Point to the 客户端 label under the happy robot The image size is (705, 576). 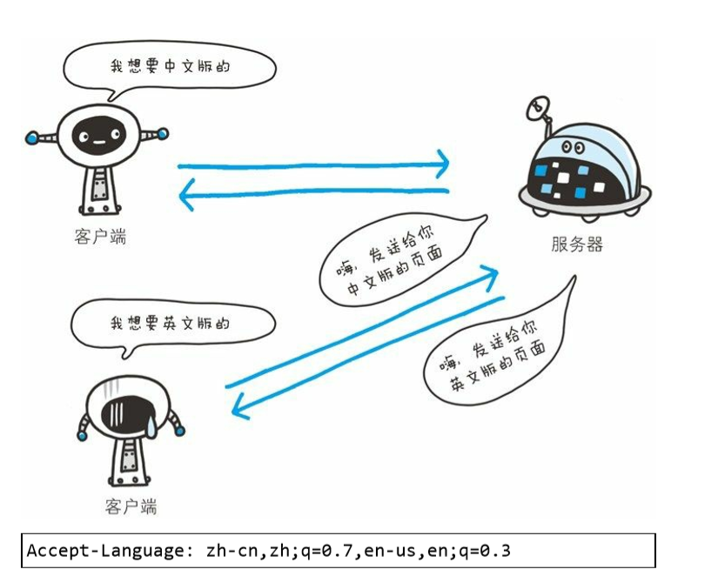pyautogui.click(x=100, y=237)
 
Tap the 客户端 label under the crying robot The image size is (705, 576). pyautogui.click(x=130, y=506)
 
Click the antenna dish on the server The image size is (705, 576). pyautogui.click(x=536, y=108)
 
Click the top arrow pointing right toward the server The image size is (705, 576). pyautogui.click(x=313, y=164)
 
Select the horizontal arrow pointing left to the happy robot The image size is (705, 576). pyautogui.click(x=313, y=194)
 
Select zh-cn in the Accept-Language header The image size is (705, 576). pyautogui.click(x=228, y=551)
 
